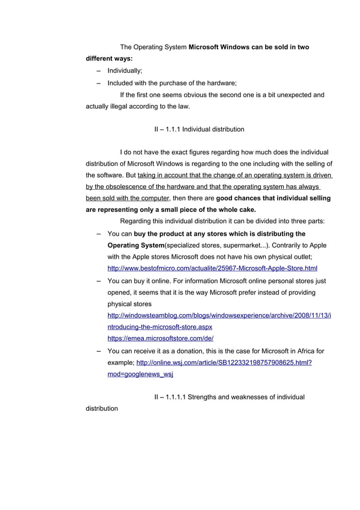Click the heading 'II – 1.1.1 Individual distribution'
199,129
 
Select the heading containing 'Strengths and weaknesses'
229,397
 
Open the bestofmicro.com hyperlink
212,268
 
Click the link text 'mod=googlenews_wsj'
140,374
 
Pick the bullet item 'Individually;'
125,71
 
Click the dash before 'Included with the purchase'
99,82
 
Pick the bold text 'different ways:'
109,58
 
